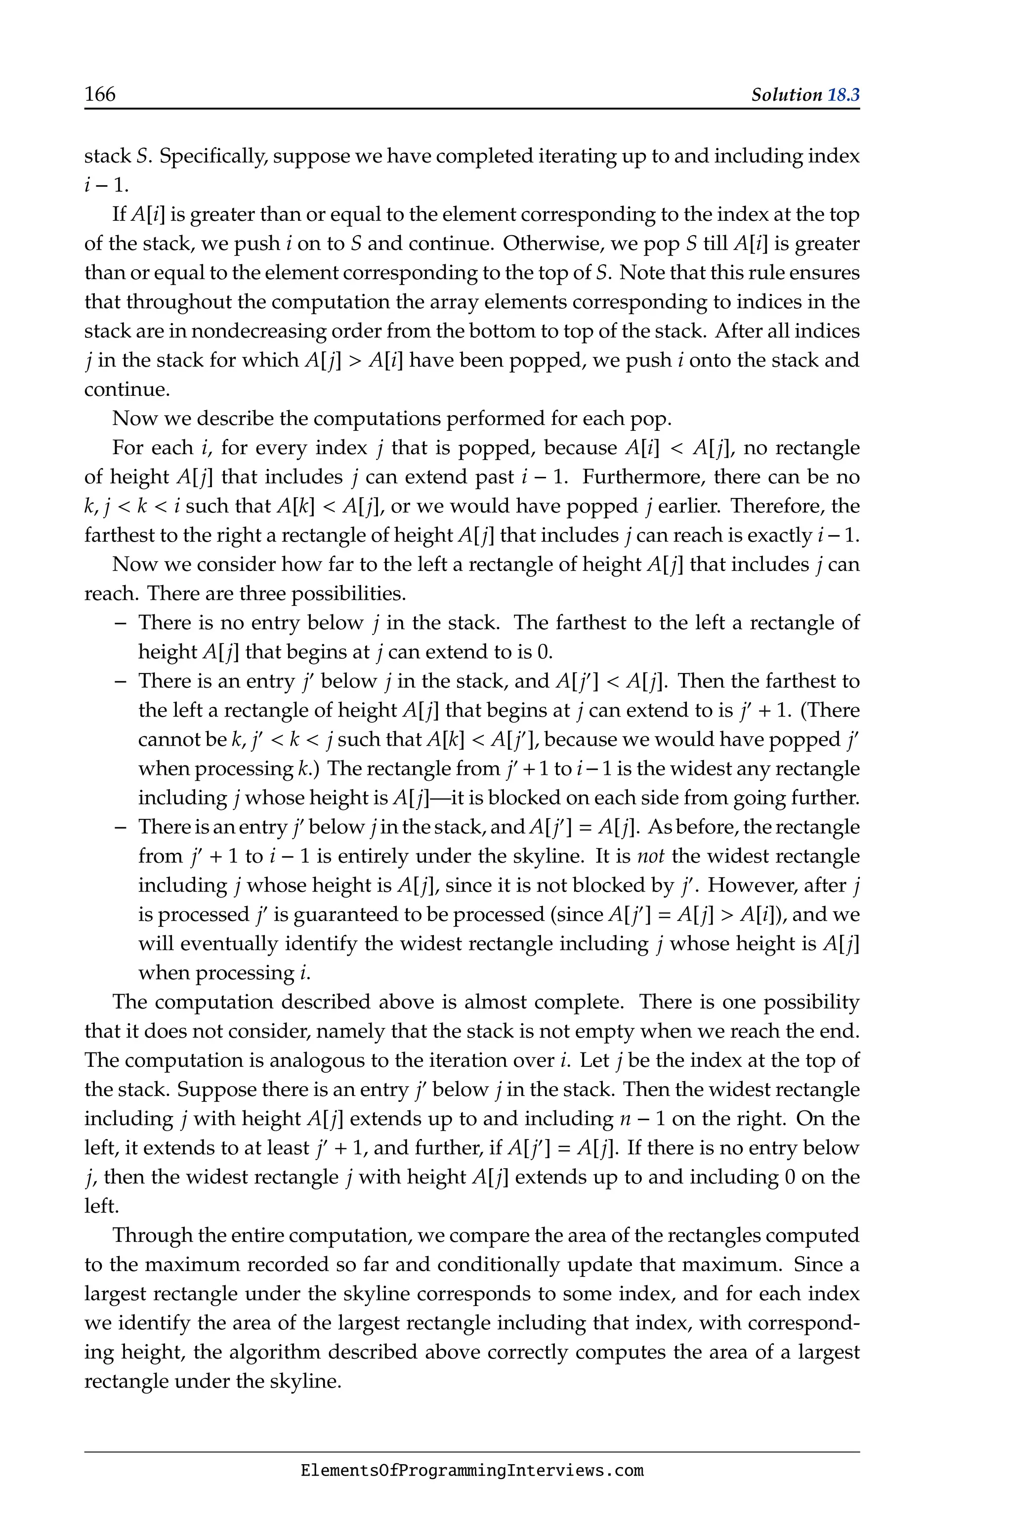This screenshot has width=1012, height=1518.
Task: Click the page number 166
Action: click(x=100, y=95)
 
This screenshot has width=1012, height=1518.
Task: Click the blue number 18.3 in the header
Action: click(x=843, y=95)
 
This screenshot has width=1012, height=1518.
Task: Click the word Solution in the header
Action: click(x=786, y=95)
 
